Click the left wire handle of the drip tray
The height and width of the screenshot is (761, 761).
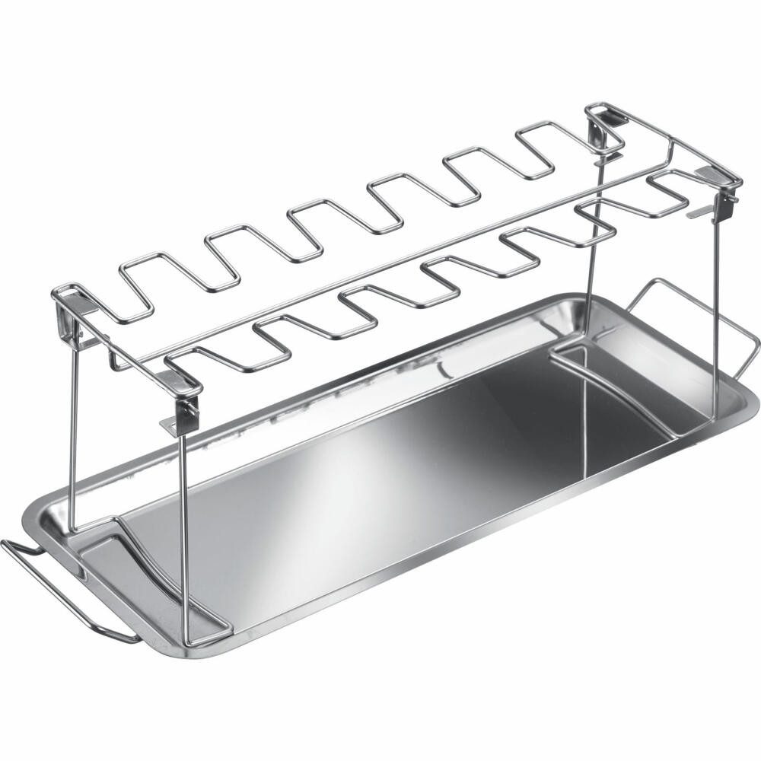click(46, 586)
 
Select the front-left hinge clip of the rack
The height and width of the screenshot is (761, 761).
click(183, 396)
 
